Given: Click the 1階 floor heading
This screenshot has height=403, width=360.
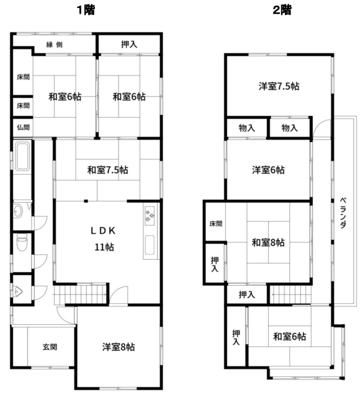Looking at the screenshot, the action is pos(86,10).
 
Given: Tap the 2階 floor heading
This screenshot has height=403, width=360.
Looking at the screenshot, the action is pos(282,10).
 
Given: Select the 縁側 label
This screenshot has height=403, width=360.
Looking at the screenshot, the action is pos(54,45).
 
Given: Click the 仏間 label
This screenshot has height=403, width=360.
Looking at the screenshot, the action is pos(23,127).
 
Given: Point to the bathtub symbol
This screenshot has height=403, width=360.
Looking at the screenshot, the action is pos(22,156).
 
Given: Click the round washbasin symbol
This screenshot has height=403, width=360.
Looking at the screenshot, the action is pos(18,211).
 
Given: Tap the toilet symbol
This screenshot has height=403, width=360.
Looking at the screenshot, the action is pos(22,242).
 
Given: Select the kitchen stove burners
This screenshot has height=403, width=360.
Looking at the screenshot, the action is pos(150,216).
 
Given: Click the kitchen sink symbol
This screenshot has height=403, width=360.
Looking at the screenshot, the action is pos(150,245).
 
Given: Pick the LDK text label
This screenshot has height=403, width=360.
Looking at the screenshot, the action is pos(103,231).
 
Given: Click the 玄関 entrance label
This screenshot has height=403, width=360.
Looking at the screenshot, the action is pos(50,347).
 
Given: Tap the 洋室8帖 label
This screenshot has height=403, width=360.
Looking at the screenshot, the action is pos(119,347).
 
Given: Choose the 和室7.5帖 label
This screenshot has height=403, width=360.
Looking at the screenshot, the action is pos(107,170).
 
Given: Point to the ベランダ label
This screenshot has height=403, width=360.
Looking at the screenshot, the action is pos(343,213).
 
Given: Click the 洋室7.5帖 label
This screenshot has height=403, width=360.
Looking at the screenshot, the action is pos(279,86).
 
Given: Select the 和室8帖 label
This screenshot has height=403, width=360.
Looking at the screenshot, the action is pos(268,242).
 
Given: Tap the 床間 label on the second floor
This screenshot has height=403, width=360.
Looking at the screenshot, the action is pos(215,224).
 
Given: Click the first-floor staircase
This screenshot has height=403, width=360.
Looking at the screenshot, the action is pos(80,294).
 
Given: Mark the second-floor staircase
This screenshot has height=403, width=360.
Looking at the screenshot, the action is pos(290,294).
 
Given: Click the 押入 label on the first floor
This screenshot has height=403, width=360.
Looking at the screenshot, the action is pos(129,45).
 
